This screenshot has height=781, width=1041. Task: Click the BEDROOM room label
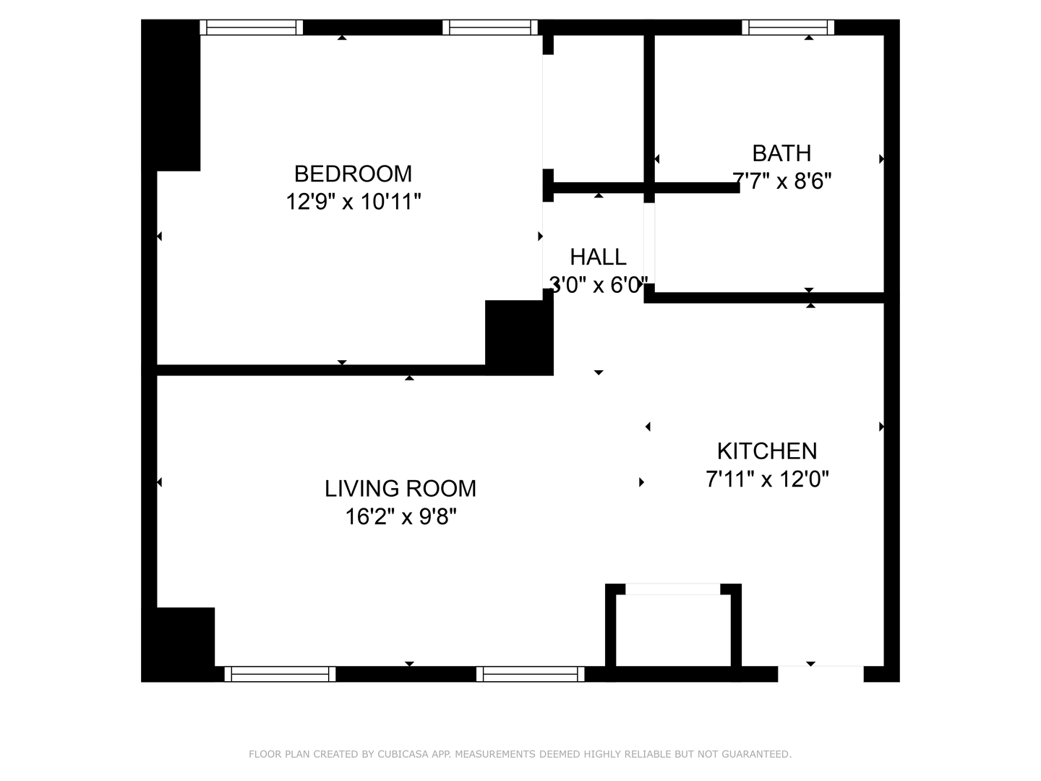[353, 174]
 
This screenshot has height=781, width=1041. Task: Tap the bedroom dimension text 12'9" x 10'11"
[353, 202]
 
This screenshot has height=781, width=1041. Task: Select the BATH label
[781, 153]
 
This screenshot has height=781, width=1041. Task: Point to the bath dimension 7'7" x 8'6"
[781, 181]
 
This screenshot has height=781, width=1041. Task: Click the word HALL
[598, 257]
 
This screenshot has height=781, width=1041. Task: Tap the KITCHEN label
[767, 451]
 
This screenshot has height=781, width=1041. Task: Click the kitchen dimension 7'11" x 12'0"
[767, 479]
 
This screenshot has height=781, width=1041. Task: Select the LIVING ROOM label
[400, 488]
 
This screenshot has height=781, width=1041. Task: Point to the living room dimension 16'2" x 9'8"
[400, 516]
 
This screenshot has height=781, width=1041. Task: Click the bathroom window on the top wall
[788, 27]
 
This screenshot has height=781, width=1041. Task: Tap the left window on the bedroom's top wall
[252, 27]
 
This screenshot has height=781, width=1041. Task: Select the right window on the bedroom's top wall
[490, 27]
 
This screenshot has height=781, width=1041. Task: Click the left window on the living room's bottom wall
[280, 674]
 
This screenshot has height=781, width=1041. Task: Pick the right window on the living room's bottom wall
[530, 674]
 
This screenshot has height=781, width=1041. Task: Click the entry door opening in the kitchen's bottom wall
[821, 674]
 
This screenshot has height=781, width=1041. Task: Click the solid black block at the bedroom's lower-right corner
[519, 338]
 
